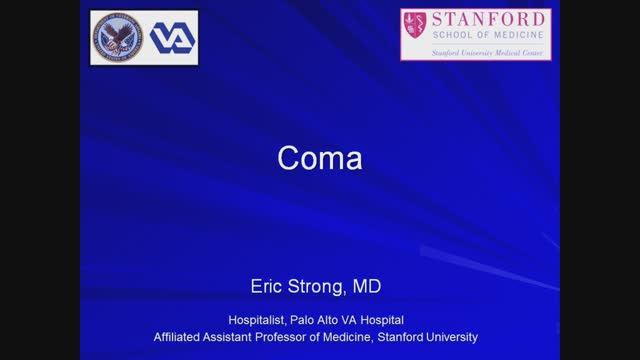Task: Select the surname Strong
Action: [x=319, y=287]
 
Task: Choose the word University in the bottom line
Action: [x=451, y=336]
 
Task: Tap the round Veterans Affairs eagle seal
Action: [x=118, y=38]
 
